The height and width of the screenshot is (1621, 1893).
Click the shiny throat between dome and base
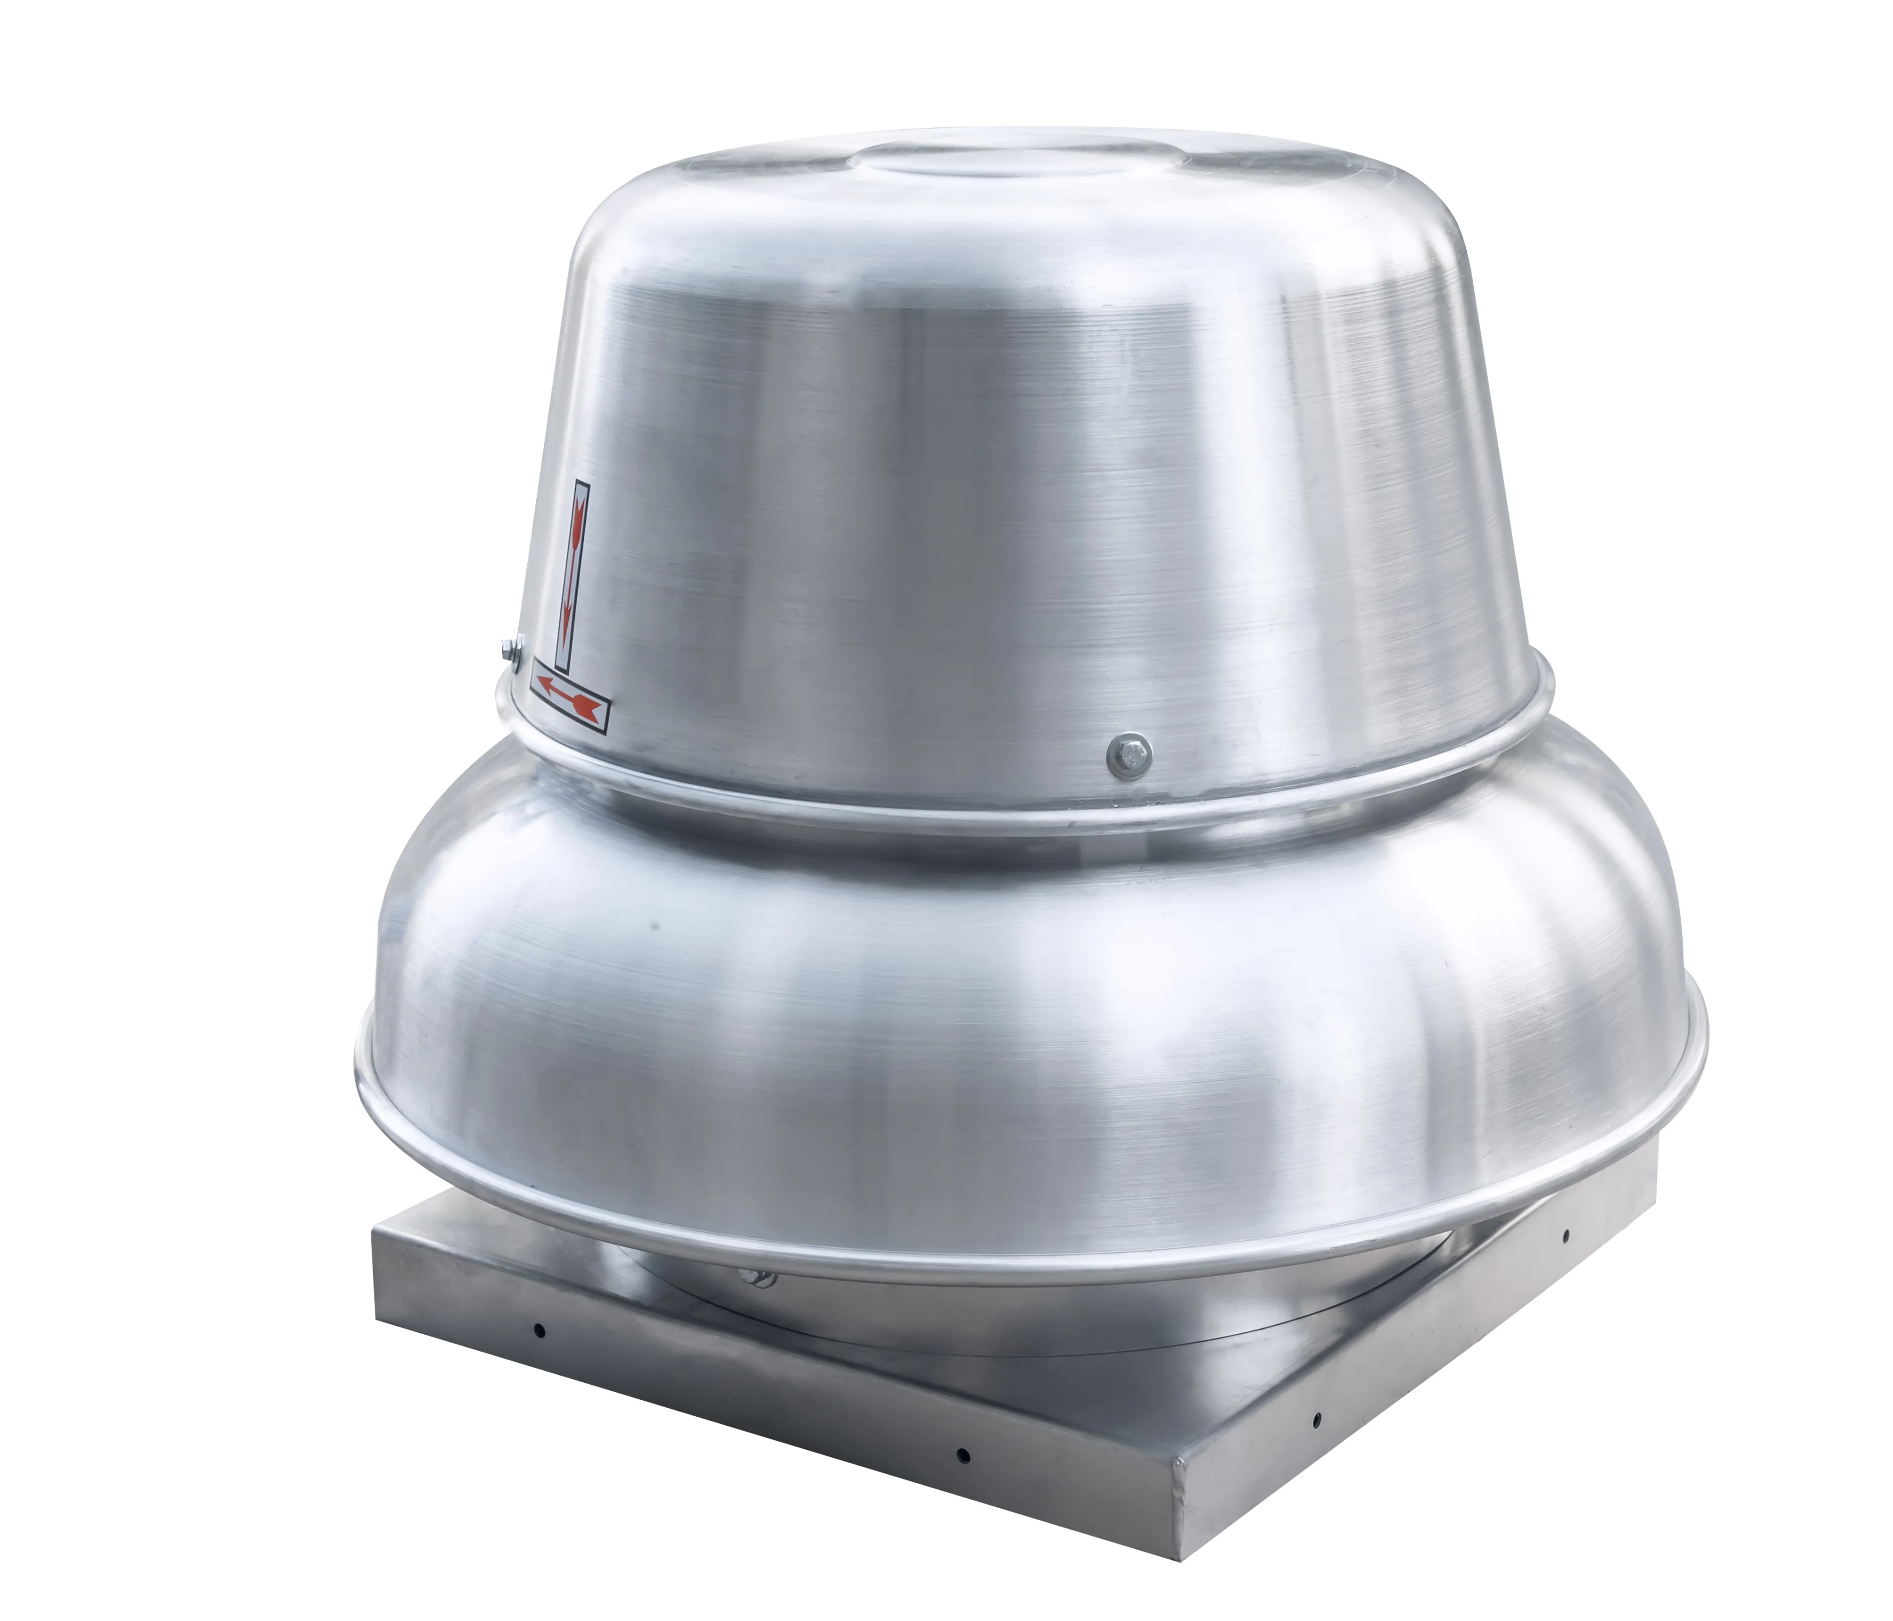913,1316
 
